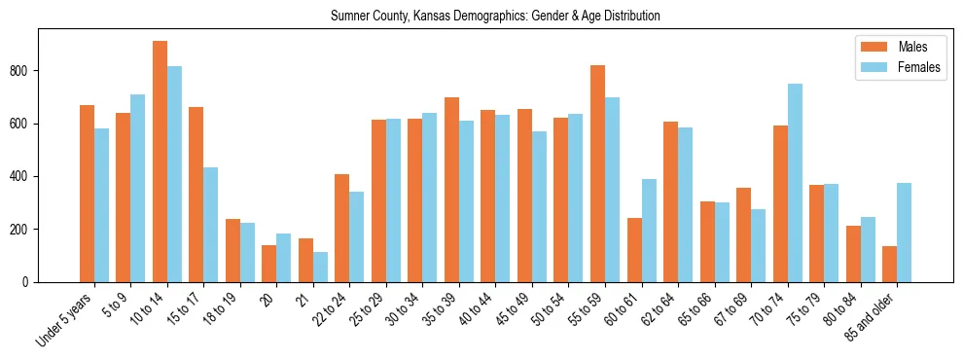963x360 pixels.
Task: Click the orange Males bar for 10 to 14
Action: [160, 162]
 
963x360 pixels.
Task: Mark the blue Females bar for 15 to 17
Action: [211, 225]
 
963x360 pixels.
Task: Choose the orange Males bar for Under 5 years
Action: [87, 194]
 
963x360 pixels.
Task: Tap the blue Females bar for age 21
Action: [320, 268]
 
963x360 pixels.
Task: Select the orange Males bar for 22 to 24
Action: [342, 228]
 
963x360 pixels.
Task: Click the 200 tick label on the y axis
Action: [24, 230]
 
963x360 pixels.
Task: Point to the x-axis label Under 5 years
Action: [65, 317]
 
